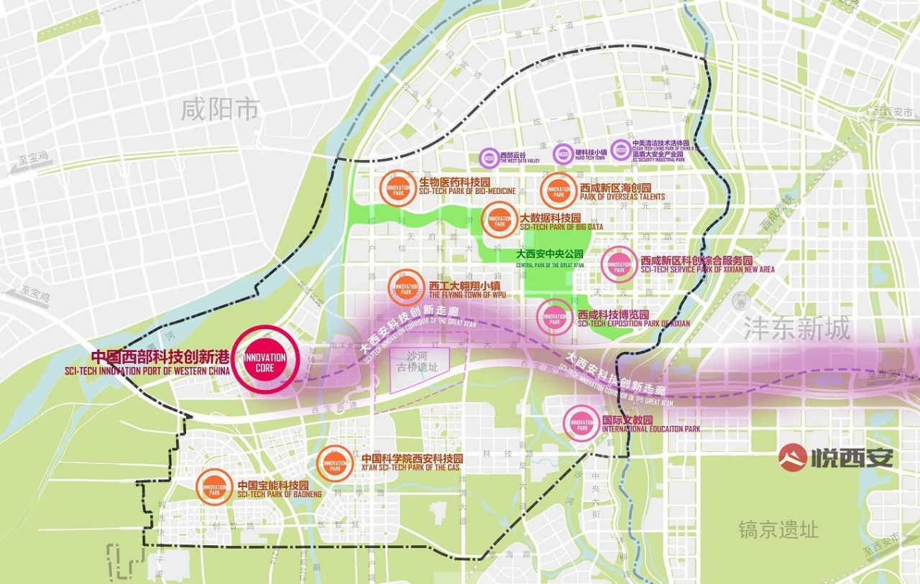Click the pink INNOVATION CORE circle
click(x=265, y=360)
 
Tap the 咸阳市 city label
click(x=220, y=110)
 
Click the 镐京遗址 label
click(x=778, y=530)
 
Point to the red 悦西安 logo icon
click(x=793, y=457)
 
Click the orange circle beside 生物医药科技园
click(x=398, y=189)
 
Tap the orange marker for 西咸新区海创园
click(x=558, y=191)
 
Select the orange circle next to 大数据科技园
click(x=500, y=221)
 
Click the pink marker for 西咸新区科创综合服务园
click(x=618, y=264)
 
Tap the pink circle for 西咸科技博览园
click(x=555, y=318)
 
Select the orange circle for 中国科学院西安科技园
click(x=335, y=463)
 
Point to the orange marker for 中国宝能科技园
click(x=214, y=487)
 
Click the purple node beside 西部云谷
click(x=490, y=158)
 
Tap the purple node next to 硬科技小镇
click(x=563, y=154)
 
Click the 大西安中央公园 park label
click(x=550, y=254)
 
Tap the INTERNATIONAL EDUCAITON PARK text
click(x=650, y=430)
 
